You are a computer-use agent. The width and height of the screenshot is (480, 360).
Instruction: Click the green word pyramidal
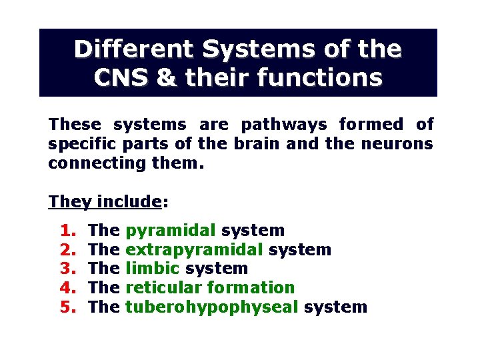click(x=171, y=231)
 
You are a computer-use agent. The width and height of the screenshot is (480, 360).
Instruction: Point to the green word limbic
click(x=153, y=269)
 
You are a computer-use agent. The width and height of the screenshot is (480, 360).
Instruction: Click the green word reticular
click(x=163, y=288)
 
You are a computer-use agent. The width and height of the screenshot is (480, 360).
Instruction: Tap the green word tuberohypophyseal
click(x=211, y=307)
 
